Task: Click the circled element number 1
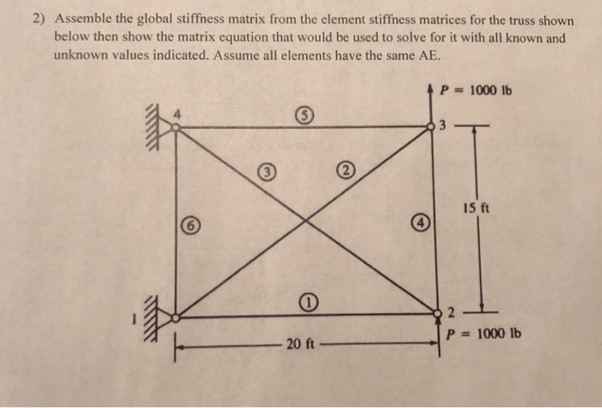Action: click(308, 301)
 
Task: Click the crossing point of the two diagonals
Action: click(306, 221)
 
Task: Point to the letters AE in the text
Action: click(427, 54)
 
